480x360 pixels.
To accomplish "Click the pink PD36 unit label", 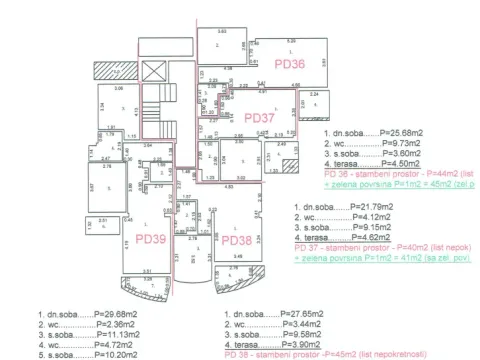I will pos(288,63).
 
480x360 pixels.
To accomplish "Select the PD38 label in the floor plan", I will pos(237,240).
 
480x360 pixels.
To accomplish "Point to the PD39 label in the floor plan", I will pos(150,240).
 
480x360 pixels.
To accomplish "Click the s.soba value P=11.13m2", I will pos(98,334).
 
